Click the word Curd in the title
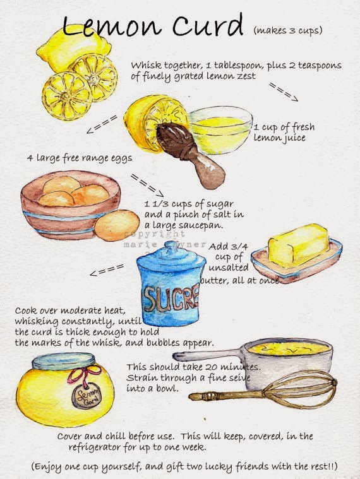click(208, 25)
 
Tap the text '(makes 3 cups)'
click(288, 30)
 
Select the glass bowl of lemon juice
click(220, 130)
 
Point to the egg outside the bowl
click(117, 225)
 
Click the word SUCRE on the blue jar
click(171, 298)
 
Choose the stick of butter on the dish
click(298, 245)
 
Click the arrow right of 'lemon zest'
click(284, 92)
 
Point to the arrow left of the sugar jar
click(107, 270)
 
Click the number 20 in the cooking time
click(211, 367)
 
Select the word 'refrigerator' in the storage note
click(95, 447)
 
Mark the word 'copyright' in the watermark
click(155, 234)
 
